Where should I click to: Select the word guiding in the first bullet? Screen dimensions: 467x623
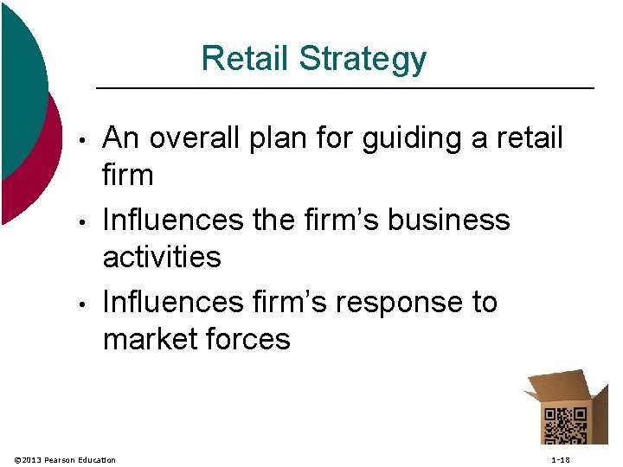411,139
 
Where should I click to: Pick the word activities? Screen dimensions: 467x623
162,257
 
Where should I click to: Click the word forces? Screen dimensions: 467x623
252,339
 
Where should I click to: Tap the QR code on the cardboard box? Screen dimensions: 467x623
565,426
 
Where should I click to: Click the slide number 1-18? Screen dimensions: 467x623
561,459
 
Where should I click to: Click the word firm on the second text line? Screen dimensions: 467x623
128,176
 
